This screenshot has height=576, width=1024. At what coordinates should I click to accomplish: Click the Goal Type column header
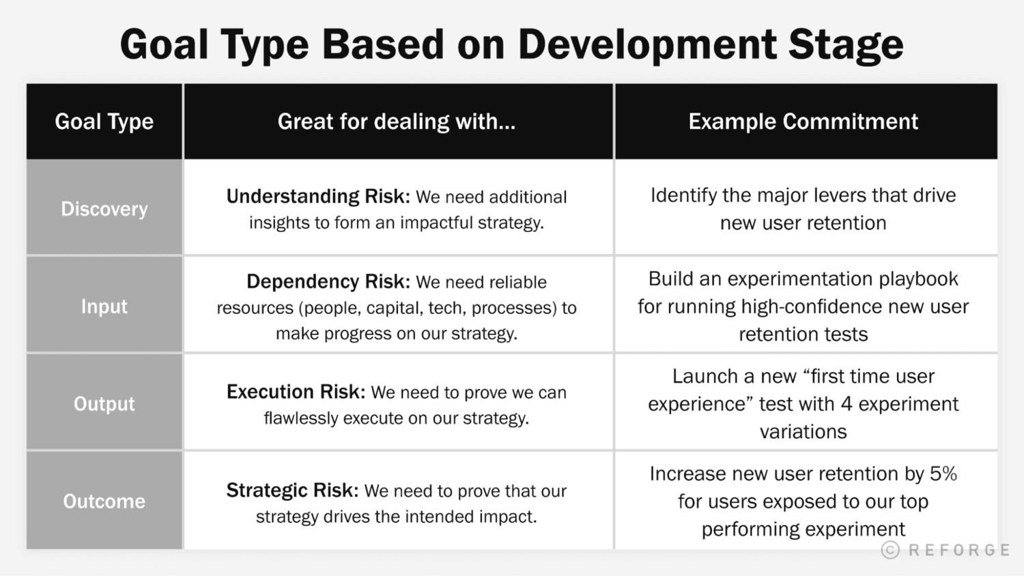(x=104, y=121)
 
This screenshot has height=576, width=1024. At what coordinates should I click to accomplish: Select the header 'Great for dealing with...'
(x=396, y=121)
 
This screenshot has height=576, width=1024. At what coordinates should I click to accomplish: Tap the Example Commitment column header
(x=803, y=121)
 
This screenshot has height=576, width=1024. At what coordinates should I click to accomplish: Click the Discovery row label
(x=104, y=209)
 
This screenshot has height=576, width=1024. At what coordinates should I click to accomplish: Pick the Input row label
(x=104, y=306)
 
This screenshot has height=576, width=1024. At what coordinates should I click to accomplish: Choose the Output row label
(x=104, y=404)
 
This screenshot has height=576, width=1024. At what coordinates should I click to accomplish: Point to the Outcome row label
(x=104, y=502)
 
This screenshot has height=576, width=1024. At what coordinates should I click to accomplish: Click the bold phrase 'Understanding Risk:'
(x=318, y=197)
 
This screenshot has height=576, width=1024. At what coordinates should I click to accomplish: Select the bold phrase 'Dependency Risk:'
(x=328, y=282)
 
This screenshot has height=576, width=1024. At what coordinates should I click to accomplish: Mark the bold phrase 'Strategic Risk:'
(x=292, y=491)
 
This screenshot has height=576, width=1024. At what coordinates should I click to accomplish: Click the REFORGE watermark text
(x=959, y=550)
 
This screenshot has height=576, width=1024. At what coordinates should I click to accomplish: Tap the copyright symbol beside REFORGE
(x=890, y=550)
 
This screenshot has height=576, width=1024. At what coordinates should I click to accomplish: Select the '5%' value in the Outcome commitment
(x=943, y=474)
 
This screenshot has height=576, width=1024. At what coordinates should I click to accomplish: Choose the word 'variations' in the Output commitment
(x=803, y=432)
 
